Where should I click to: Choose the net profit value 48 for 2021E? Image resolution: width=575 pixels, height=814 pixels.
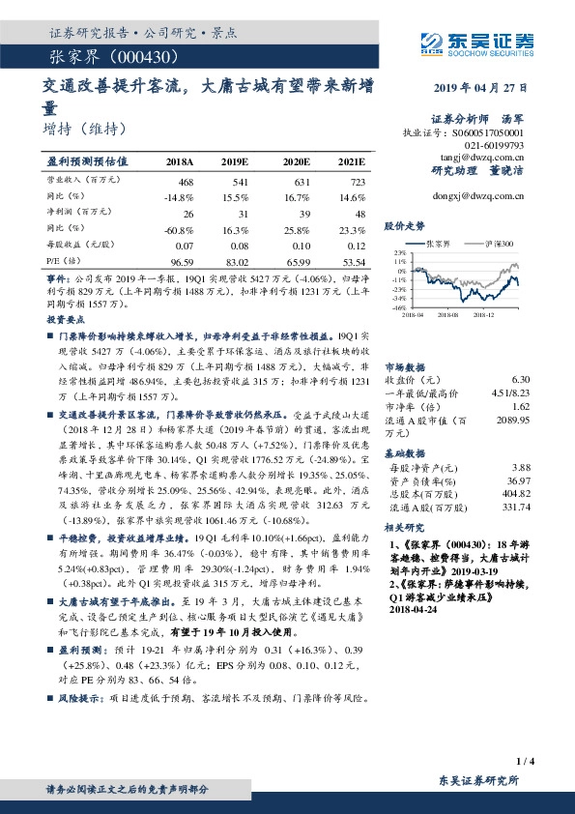[358, 213]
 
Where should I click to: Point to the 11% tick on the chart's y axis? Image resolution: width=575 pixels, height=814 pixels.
[398, 261]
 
